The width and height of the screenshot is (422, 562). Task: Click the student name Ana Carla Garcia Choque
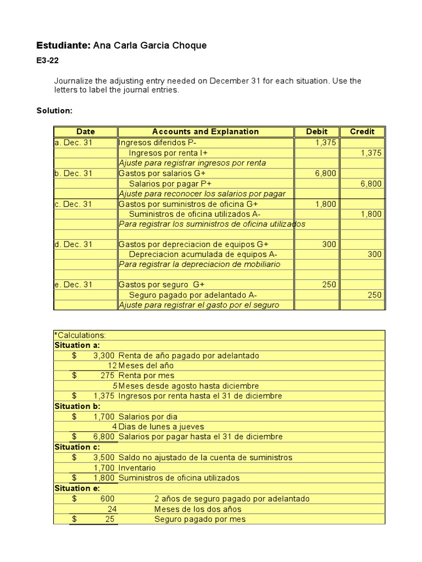point(150,46)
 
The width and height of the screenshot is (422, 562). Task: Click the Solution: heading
point(54,111)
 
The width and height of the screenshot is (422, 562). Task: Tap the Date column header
point(86,132)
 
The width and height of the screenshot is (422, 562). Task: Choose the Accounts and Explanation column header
point(205,132)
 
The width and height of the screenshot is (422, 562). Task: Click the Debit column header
point(317,132)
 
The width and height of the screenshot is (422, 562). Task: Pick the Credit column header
point(362,132)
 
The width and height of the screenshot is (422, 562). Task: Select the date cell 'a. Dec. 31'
point(74,143)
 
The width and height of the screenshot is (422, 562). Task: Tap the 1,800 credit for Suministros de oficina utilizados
point(371,214)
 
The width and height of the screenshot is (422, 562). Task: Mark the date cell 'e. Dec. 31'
point(74,285)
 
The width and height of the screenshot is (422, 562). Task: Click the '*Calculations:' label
point(80,335)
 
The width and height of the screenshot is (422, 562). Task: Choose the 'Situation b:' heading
point(76,407)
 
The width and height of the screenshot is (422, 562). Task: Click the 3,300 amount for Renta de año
point(104,356)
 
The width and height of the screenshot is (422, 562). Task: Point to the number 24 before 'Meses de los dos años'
point(112,509)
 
